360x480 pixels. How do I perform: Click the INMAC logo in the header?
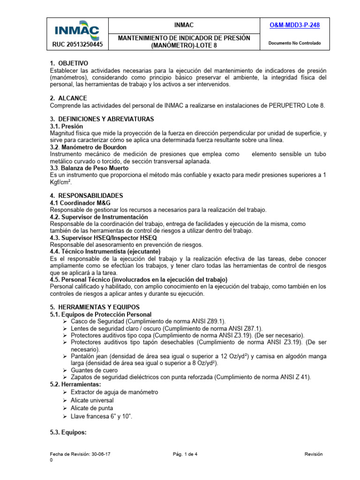pos(77,29)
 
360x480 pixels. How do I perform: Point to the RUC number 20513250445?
pos(77,45)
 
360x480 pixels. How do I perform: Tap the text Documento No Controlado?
pos(294,43)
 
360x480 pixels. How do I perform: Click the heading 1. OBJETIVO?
pos(69,63)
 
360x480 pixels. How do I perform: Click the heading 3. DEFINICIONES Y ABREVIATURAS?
pos(102,119)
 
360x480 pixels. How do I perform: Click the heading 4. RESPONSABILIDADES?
pos(86,195)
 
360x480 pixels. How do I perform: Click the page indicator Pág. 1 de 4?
pos(187,455)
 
